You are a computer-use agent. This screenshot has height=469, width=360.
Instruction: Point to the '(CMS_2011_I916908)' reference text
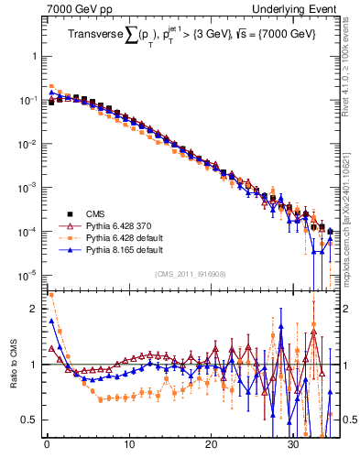point(190,274)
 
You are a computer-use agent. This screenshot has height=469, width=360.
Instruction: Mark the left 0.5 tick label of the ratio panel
point(30,420)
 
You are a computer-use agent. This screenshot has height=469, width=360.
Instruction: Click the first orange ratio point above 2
point(50,295)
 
